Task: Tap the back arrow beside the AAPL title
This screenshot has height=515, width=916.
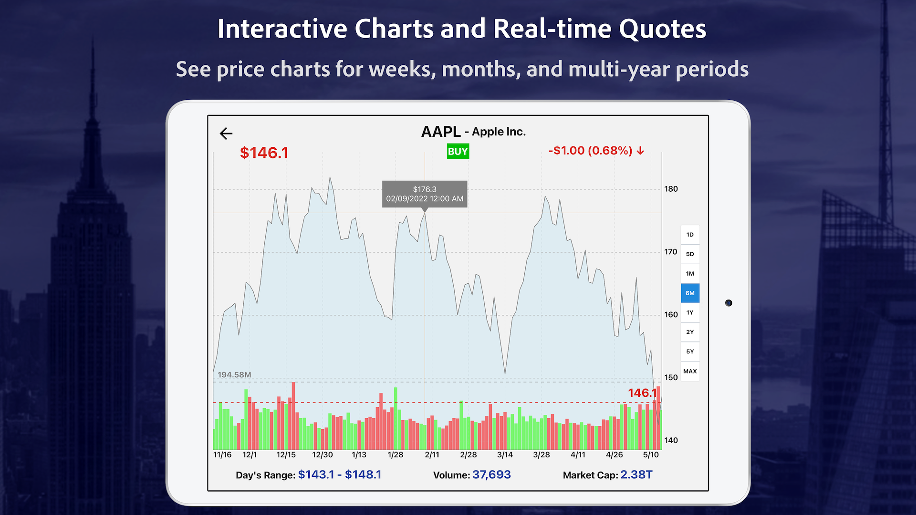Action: click(226, 134)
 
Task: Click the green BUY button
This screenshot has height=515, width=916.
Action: click(458, 152)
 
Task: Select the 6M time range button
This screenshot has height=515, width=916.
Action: click(690, 293)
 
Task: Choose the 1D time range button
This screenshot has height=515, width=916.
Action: click(690, 235)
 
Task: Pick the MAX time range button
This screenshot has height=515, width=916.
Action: click(690, 371)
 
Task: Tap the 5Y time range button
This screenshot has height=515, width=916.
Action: click(690, 352)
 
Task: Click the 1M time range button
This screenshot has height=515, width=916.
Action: click(690, 274)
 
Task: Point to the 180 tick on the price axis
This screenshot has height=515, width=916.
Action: click(671, 189)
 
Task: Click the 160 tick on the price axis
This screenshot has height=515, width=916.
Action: click(671, 315)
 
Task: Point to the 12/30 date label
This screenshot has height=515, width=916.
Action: click(323, 455)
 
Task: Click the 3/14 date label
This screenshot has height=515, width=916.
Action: click(505, 455)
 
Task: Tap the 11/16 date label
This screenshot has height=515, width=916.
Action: click(222, 455)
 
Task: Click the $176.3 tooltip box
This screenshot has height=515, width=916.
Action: click(425, 194)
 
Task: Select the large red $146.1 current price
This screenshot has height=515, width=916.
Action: click(264, 153)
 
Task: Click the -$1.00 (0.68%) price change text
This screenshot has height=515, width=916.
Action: click(596, 151)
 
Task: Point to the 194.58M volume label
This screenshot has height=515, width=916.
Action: click(234, 375)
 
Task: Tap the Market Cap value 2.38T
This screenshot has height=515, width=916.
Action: click(636, 475)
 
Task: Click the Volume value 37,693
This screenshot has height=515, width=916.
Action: click(491, 475)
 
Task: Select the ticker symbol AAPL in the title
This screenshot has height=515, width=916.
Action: click(441, 132)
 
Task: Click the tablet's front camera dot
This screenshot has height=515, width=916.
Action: click(729, 303)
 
